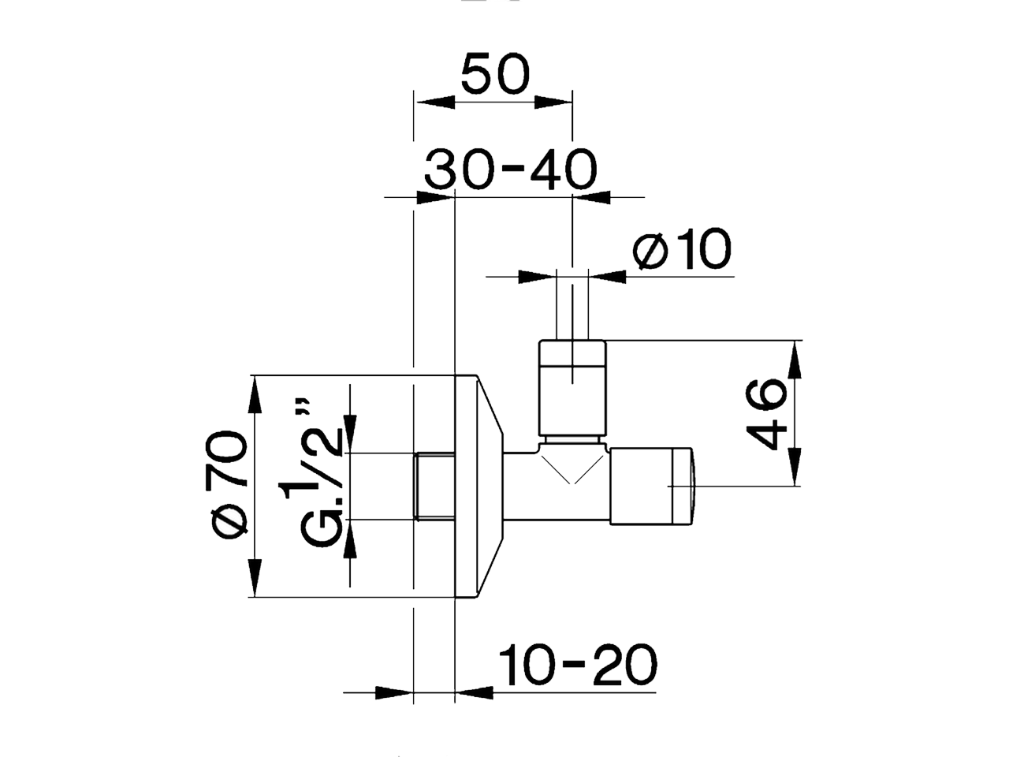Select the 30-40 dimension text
(x=511, y=169)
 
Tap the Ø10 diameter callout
(x=683, y=250)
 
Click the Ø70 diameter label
(x=229, y=484)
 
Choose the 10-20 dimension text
(x=577, y=665)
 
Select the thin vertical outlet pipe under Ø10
(x=572, y=308)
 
